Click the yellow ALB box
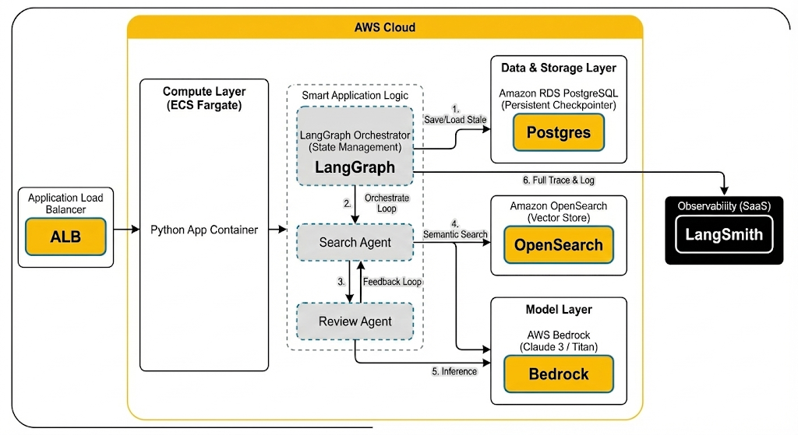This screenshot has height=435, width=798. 65,237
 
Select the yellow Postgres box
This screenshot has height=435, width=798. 558,132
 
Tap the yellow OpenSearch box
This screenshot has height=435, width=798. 558,245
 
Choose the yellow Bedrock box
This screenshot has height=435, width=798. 558,374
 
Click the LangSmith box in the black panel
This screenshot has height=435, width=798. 724,234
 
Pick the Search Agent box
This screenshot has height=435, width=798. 355,243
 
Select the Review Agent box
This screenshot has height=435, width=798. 355,321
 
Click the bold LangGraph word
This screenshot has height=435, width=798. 355,167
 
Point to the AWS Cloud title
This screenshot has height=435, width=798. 385,27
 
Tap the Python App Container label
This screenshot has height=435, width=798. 204,230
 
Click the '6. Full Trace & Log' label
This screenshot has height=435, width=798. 558,181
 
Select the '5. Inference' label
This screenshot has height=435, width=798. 454,371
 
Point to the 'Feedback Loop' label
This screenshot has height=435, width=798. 392,282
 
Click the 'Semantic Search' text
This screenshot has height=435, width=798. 455,234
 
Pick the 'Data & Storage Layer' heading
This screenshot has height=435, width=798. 558,68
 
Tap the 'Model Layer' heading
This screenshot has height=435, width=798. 558,310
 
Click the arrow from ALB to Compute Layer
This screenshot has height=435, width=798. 125,230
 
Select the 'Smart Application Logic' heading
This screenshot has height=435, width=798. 355,96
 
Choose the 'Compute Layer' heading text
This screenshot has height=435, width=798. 204,92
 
